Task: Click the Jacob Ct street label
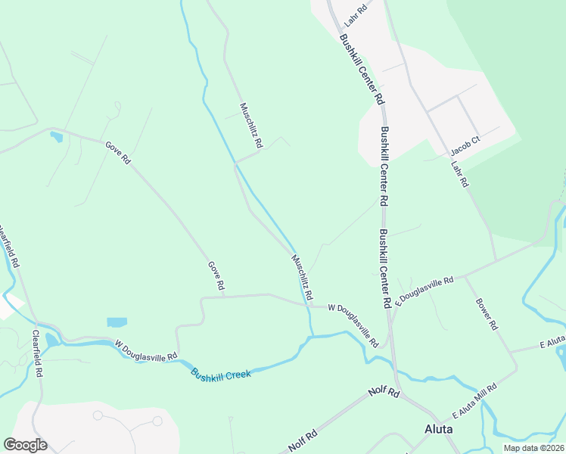point(465,141)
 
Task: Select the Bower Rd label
point(487,314)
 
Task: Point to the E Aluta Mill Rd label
point(474,401)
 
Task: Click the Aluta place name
point(438,428)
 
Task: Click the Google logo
point(25,445)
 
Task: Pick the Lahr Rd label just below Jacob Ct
point(460,174)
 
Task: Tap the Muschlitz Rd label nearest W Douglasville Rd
point(302,276)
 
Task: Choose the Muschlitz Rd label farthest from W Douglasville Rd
point(251,125)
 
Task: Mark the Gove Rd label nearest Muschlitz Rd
point(216,276)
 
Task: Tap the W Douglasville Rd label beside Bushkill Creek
point(146,350)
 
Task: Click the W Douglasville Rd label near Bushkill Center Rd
point(353,326)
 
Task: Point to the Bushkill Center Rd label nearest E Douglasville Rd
point(386,268)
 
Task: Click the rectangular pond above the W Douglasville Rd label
point(117,322)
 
